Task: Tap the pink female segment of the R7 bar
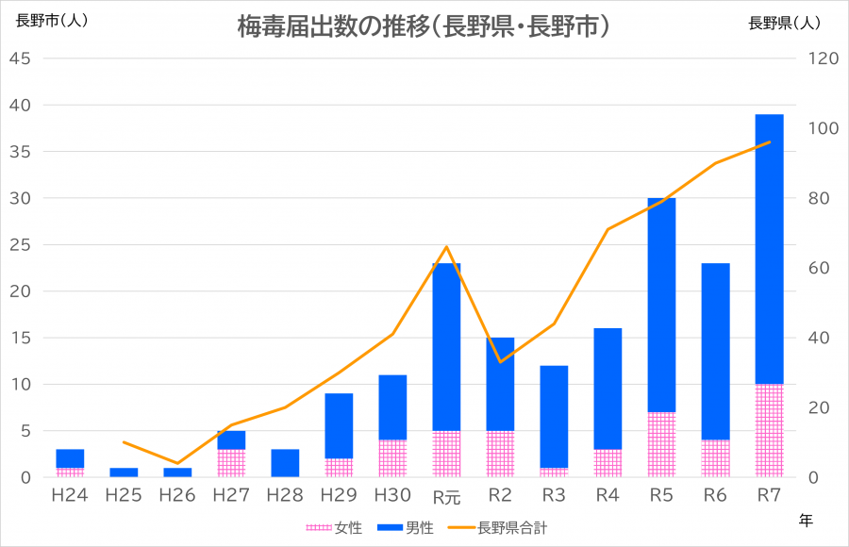coord(770,430)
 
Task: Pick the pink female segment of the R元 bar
coord(446,454)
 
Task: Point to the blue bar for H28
coord(285,463)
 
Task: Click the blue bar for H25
coord(124,472)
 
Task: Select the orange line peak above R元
coord(446,247)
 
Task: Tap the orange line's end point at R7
coord(770,142)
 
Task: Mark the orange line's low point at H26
coord(177,463)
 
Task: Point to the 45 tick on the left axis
coord(21,58)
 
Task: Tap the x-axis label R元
coord(446,496)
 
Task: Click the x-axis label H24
coord(70,495)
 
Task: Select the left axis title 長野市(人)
coord(53,21)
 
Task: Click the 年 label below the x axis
coord(805,519)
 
